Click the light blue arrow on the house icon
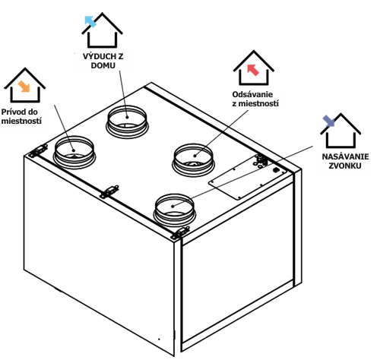click(x=90, y=21)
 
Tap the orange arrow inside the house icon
click(x=24, y=87)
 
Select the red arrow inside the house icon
click(x=253, y=70)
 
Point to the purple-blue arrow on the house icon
click(x=328, y=121)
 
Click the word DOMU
click(x=103, y=65)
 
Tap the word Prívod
click(x=13, y=112)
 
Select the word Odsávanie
click(x=252, y=94)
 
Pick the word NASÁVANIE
click(x=345, y=156)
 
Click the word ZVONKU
click(x=345, y=166)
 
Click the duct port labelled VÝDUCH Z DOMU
click(x=127, y=122)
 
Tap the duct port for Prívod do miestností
click(x=74, y=153)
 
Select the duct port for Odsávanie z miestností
click(x=193, y=160)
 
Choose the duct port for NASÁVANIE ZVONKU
click(x=174, y=210)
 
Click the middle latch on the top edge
click(x=109, y=191)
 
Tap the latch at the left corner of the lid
click(x=38, y=150)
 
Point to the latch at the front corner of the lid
click(x=180, y=232)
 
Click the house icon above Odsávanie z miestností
click(x=253, y=68)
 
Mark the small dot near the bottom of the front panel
click(x=159, y=339)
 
